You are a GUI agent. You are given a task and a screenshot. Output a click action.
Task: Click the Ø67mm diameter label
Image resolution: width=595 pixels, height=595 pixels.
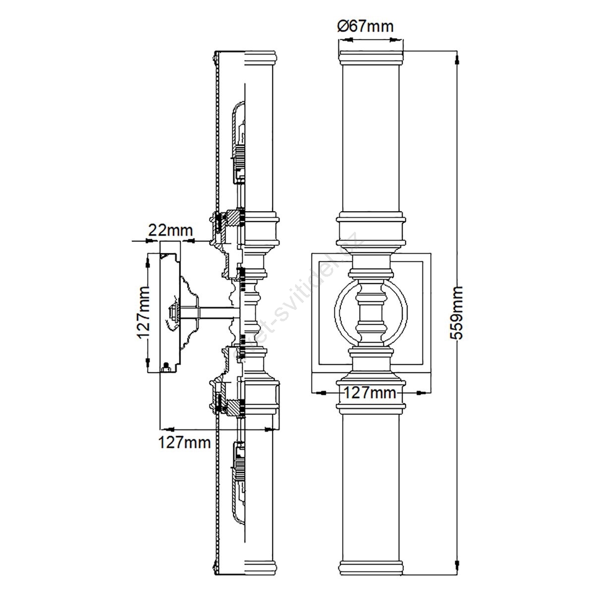click(x=365, y=26)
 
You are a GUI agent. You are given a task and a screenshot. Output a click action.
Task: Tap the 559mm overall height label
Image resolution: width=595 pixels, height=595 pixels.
click(x=456, y=312)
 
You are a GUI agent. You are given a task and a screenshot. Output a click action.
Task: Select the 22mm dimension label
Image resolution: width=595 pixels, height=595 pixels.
click(x=171, y=230)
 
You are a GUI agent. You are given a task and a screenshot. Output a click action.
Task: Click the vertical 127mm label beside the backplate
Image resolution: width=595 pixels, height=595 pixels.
click(x=143, y=312)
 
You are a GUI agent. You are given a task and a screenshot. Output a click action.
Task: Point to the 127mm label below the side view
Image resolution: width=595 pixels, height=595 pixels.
click(x=184, y=442)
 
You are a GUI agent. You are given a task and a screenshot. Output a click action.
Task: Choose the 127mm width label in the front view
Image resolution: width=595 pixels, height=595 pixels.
click(x=369, y=393)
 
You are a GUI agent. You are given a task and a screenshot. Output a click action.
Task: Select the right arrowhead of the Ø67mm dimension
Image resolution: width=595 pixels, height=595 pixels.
click(x=397, y=40)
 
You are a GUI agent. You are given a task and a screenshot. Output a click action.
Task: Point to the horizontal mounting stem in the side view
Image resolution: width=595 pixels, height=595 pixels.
click(x=211, y=312)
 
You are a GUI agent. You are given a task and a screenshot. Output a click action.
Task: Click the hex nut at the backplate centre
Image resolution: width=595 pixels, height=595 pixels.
click(x=173, y=312)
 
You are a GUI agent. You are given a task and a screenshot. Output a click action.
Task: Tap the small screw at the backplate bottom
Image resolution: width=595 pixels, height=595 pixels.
click(x=166, y=367)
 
